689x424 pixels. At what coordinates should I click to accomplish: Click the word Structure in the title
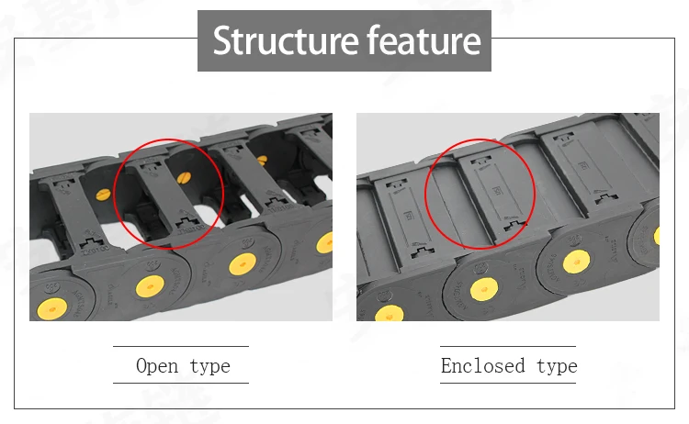286,40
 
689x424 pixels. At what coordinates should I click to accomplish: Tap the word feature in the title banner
424,39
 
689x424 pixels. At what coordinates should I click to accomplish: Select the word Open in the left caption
157,366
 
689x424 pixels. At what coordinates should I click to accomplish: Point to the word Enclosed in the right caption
483,365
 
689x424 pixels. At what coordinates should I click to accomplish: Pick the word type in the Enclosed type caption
558,366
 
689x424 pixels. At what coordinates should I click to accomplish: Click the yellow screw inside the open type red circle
184,177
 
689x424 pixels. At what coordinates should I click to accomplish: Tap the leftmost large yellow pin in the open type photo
52,309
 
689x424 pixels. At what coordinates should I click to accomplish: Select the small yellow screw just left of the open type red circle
103,195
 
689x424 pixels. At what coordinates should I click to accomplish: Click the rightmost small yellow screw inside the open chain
262,161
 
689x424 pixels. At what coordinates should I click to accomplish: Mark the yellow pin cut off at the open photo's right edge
324,242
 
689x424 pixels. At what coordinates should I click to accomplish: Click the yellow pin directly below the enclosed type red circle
484,290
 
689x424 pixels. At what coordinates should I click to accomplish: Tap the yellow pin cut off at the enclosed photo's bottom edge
389,313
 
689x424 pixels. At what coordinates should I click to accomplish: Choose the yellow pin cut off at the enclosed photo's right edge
657,235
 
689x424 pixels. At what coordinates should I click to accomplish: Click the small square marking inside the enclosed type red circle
497,191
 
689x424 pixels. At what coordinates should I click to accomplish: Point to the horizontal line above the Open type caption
181,346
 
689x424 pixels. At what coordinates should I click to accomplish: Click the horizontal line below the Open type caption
181,384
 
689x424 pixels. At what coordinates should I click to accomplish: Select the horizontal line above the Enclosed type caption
508,346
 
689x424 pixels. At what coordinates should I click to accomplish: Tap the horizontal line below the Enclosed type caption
508,384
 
